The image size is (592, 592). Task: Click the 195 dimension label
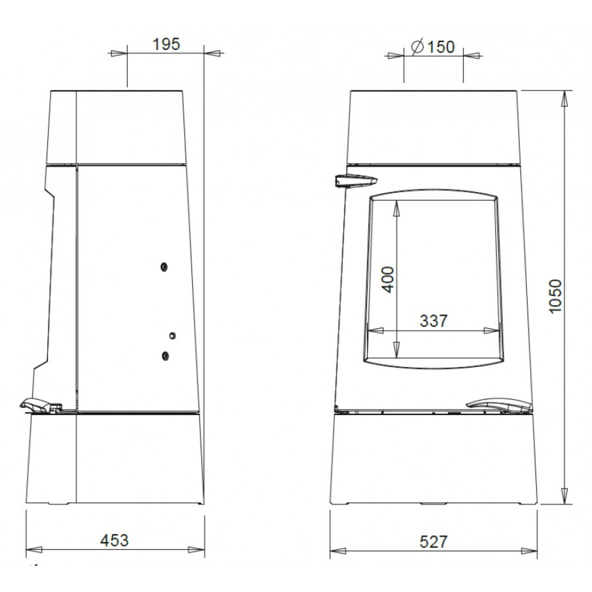(166, 44)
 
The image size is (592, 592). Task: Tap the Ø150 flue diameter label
(433, 47)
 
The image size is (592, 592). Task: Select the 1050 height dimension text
(555, 296)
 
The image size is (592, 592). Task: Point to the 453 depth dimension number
(115, 540)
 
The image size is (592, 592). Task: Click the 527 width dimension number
(434, 542)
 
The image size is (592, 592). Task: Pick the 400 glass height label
(388, 279)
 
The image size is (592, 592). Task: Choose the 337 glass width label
(434, 321)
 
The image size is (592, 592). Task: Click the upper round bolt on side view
(164, 267)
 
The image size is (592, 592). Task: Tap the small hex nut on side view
(172, 335)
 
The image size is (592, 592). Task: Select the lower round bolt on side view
(165, 356)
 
